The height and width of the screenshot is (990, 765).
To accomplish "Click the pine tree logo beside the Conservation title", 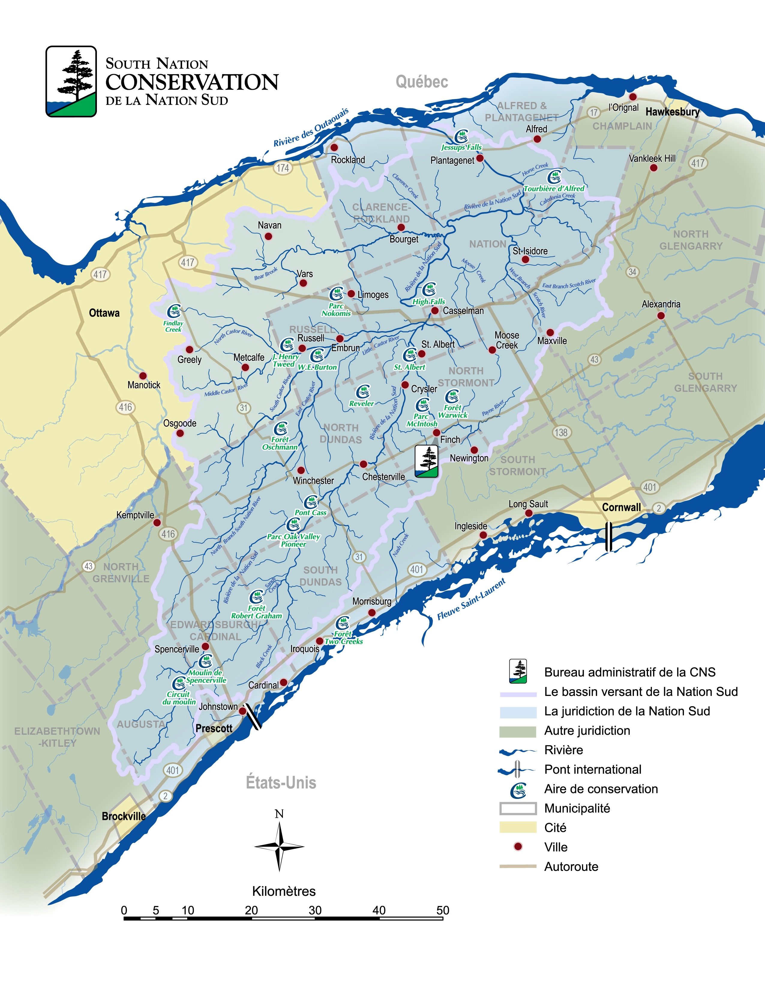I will tap(71, 82).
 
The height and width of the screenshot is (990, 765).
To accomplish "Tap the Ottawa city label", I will tap(104, 313).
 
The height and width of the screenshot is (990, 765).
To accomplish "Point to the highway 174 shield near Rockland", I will tap(283, 168).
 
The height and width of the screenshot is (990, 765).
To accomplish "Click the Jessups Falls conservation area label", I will tap(461, 147).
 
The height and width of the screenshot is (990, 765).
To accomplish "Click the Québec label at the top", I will tap(421, 82).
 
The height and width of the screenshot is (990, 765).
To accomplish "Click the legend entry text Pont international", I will tap(592, 769).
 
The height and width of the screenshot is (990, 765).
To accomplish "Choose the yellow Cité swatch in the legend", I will tap(517, 827).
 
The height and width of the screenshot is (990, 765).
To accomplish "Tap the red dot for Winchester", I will tap(301, 470).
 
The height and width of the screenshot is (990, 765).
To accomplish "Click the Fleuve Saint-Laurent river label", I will tap(471, 599).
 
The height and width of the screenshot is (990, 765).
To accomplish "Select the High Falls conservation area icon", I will tap(429, 289).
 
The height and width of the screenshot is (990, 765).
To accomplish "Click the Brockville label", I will tap(124, 816).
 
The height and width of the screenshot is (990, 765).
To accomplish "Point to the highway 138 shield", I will tap(561, 432).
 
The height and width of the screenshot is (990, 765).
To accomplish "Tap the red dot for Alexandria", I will tap(661, 316).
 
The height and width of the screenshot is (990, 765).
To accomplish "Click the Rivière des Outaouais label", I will tap(311, 127).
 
